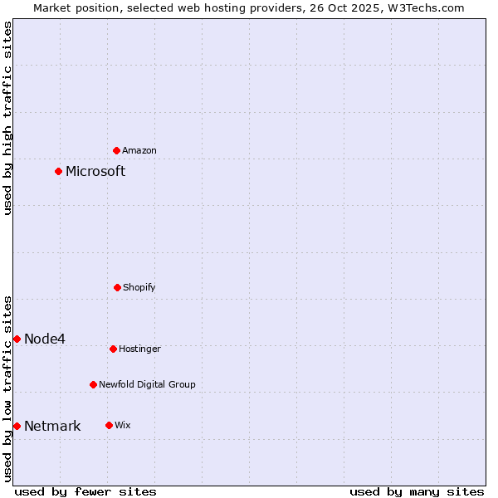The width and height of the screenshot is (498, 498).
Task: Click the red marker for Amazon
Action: [x=117, y=150]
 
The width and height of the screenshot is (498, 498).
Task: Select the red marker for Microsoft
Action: [x=58, y=172]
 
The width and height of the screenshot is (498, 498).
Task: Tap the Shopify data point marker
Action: [x=117, y=287]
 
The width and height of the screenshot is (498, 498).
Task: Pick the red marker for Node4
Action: [x=17, y=339]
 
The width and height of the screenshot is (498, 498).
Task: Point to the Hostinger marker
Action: [x=113, y=349]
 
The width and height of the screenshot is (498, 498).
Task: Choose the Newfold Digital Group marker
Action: [x=93, y=384]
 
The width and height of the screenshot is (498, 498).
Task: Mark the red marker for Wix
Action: [x=109, y=425]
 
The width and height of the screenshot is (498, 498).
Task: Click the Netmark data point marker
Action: [x=17, y=426]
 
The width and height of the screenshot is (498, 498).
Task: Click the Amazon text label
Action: [x=139, y=151]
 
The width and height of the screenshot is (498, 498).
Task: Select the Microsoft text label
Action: [x=95, y=172]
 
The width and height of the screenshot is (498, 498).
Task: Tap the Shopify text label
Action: [x=139, y=288]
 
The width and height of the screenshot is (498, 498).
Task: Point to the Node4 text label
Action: [x=45, y=339]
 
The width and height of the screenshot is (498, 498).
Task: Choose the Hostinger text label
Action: [x=139, y=349]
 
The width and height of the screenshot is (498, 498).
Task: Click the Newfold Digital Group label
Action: [x=147, y=385]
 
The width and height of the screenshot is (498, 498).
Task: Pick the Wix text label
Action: [x=123, y=426]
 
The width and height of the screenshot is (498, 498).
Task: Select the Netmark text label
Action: [x=52, y=427]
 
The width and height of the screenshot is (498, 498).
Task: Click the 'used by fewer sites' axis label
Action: [x=85, y=491]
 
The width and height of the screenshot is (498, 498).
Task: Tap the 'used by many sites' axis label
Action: [x=417, y=491]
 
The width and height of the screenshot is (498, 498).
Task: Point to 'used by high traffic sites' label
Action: [x=7, y=118]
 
